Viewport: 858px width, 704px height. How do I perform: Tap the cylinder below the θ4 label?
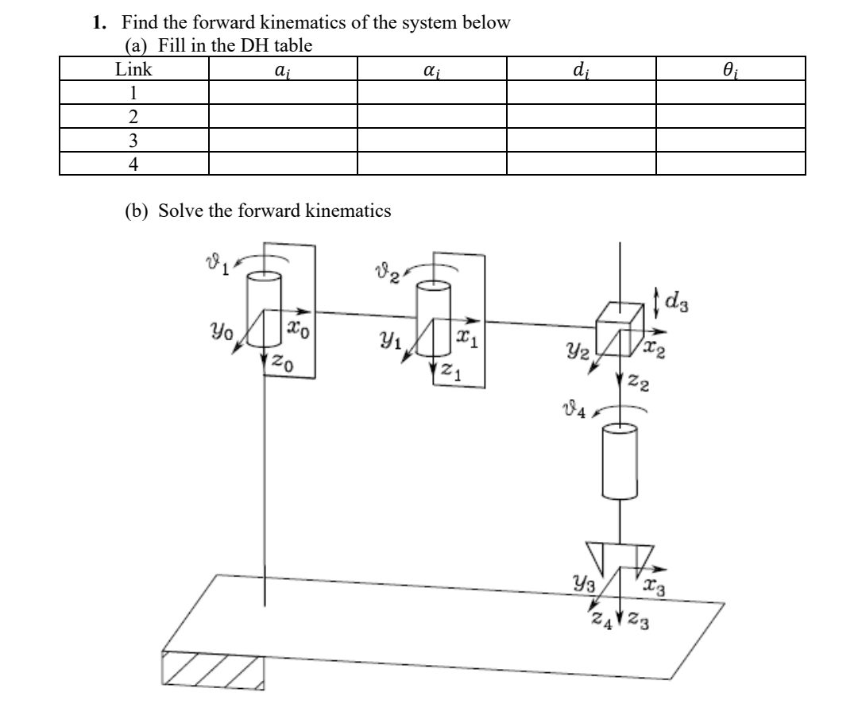tap(619, 461)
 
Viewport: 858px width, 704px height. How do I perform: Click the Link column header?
tap(133, 69)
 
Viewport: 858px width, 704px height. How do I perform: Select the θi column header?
tap(730, 70)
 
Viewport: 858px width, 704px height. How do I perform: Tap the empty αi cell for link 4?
tap(431, 164)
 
